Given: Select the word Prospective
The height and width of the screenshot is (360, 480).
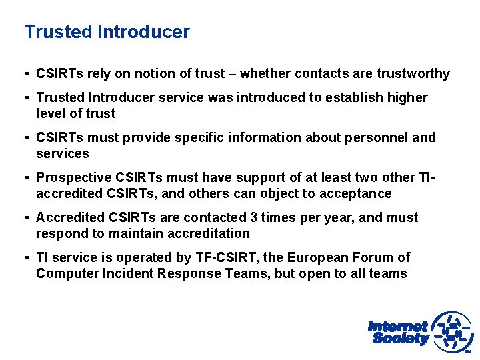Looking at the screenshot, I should coord(74,178).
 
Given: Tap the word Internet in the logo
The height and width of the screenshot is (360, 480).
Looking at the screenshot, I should coord(397,327).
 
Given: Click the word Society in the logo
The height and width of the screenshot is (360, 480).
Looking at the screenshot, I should coord(400,339).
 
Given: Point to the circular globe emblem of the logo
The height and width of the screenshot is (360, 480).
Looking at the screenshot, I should coord(453,331).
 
